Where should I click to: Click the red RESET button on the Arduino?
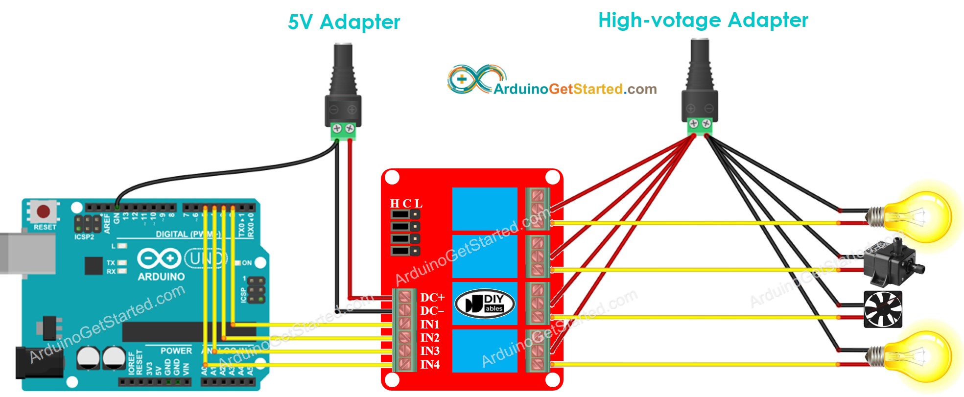44,211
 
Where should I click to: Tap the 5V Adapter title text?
344,23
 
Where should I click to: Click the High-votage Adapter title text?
703,21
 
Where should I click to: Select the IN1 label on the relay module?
430,325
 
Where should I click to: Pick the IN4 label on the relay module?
430,365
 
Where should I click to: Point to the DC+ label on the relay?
432,298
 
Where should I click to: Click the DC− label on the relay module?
432,311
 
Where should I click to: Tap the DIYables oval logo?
485,304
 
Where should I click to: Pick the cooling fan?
883,309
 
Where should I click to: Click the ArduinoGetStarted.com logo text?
575,89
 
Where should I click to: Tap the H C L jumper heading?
406,204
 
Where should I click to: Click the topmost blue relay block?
485,209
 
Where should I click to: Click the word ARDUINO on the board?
161,277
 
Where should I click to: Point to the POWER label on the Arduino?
176,350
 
